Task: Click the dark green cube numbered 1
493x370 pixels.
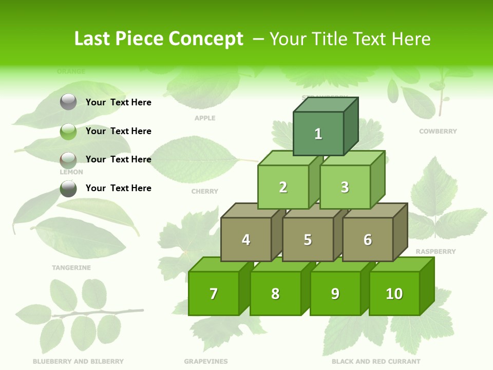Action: click(x=318, y=134)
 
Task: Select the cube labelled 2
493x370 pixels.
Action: click(x=283, y=187)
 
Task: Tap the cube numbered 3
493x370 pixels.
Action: click(x=345, y=187)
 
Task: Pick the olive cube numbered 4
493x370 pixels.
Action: click(x=246, y=239)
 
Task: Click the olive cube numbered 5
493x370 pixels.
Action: click(x=308, y=239)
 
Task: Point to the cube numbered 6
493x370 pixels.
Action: click(x=367, y=239)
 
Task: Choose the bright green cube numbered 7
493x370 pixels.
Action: click(x=214, y=293)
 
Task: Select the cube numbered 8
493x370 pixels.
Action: click(x=275, y=293)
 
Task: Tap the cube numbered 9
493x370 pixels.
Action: click(x=335, y=293)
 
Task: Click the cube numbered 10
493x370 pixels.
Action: click(x=394, y=293)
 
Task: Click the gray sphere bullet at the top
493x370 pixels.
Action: click(x=68, y=102)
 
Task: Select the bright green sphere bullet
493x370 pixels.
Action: click(x=68, y=131)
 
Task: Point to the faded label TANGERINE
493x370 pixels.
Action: click(x=71, y=268)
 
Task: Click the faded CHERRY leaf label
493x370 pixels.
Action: click(x=205, y=191)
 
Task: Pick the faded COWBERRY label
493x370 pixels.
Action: click(x=438, y=132)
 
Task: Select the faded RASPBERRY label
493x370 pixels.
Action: click(x=435, y=252)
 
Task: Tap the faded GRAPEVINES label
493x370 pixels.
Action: click(x=206, y=361)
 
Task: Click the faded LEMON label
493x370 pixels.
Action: click(x=71, y=172)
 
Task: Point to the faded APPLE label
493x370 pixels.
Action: click(x=205, y=118)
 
